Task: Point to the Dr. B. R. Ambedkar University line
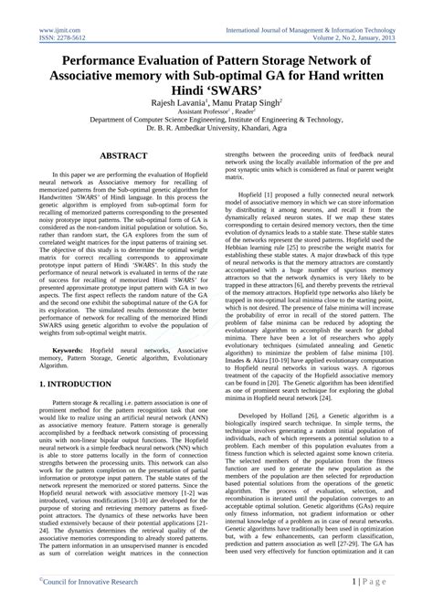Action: [x=216, y=140]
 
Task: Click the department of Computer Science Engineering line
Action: [x=216, y=131]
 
